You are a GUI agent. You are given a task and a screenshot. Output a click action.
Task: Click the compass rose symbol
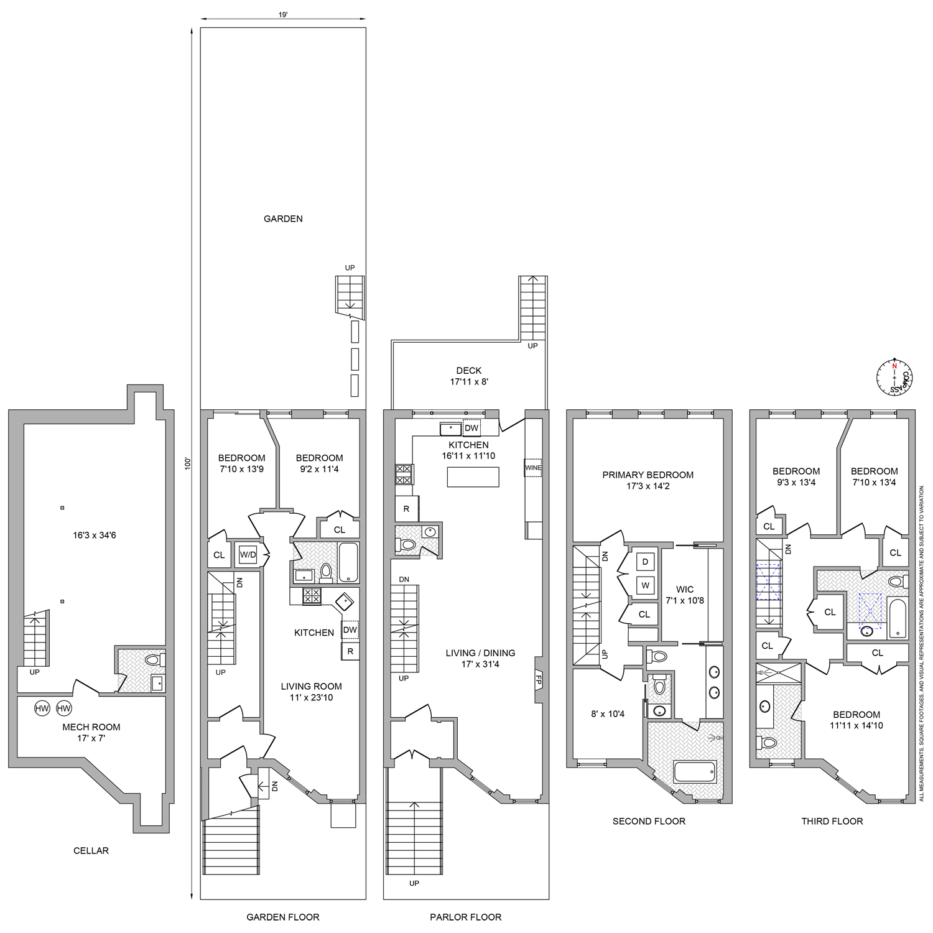894,378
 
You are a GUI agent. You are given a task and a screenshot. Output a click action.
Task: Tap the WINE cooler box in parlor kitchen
532,468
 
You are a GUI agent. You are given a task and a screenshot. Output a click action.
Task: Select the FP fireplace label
539,681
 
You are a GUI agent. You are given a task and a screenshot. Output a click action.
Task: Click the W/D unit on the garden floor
248,554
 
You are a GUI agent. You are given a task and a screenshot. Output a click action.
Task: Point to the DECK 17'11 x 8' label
468,376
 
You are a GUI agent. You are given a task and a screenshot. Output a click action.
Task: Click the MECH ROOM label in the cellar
91,727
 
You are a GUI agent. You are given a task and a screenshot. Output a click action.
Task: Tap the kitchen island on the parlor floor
473,477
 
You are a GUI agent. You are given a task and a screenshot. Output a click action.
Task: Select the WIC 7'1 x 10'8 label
685,595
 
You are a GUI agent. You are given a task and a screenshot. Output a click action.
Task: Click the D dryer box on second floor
645,562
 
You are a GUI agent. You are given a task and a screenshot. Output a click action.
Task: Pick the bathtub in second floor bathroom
695,772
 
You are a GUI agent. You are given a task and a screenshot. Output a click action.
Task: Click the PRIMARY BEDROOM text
648,475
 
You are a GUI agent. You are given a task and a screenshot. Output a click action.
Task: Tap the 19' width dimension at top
283,15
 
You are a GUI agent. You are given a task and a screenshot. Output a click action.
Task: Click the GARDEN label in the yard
283,219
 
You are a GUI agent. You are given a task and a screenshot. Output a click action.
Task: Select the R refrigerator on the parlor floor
406,509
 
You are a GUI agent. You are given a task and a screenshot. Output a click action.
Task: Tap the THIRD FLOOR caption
832,821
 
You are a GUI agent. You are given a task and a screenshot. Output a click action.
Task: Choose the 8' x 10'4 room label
607,714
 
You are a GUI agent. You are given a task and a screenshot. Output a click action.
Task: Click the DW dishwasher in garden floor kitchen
350,629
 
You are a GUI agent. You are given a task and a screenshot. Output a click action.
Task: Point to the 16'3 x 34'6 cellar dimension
93,535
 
